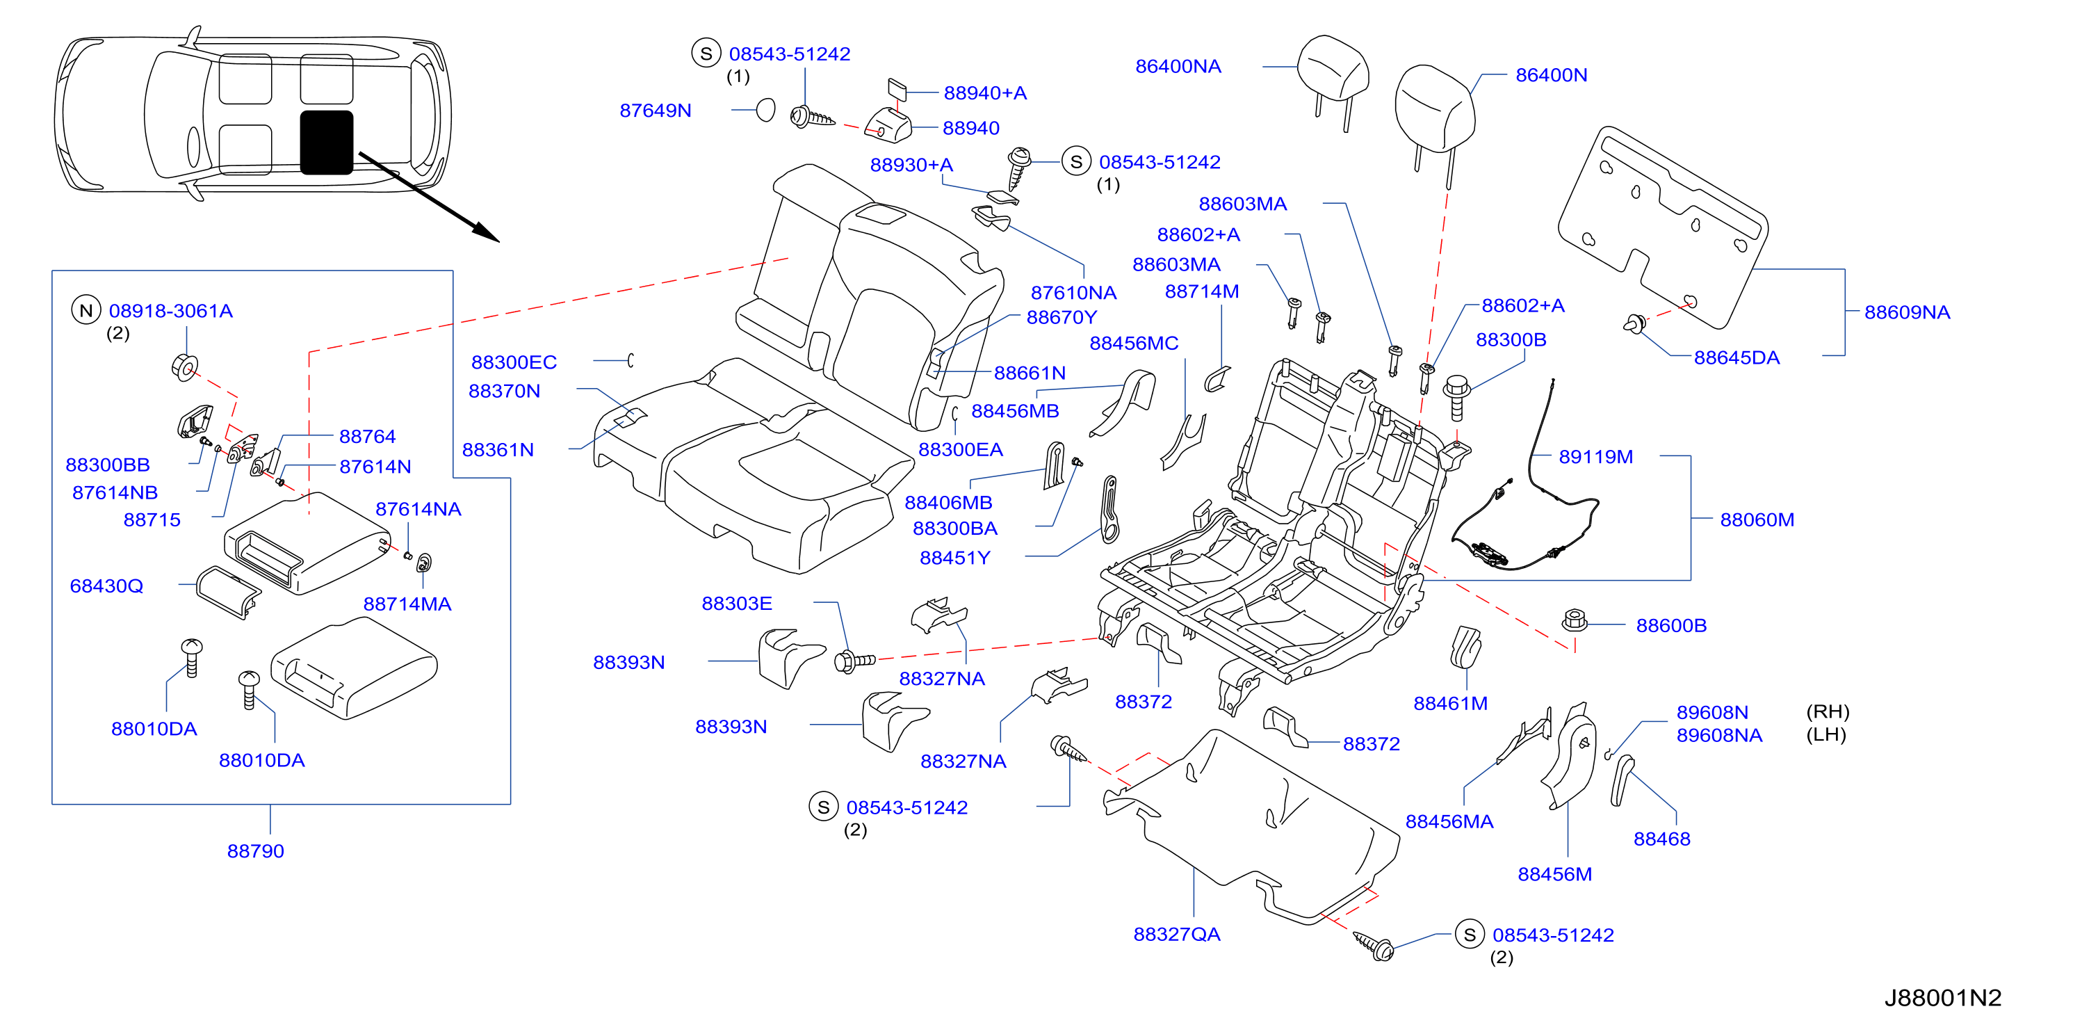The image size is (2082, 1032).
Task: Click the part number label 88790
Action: coord(255,850)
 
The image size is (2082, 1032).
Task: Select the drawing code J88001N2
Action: coord(1942,997)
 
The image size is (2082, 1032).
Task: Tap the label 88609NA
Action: coord(1907,312)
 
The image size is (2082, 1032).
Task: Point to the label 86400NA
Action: coord(1178,66)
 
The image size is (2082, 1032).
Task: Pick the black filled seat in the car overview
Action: coord(327,143)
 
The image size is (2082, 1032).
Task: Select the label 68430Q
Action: coord(106,586)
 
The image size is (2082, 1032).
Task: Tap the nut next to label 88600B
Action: coord(1575,621)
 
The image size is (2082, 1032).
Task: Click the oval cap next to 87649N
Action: coord(765,109)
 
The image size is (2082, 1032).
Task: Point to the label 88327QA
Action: coord(1177,934)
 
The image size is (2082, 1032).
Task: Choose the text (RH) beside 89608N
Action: coord(1828,711)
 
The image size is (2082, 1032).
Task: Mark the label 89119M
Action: coord(1595,457)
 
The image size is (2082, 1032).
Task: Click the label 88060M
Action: coord(1757,519)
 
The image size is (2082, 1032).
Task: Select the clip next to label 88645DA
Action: coord(1634,323)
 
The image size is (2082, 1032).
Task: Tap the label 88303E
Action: coord(736,604)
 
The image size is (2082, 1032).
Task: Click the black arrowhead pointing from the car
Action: coord(487,232)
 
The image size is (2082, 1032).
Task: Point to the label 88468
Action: coord(1661,839)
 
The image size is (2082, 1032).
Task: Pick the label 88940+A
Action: coord(985,93)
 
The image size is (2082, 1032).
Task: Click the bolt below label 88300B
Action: coord(1456,397)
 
